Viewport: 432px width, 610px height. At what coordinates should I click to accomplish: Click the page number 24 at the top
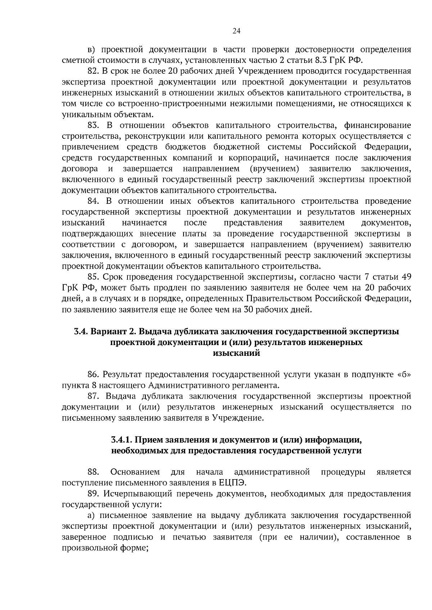(x=237, y=31)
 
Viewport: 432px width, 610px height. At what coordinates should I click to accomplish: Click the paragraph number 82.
(x=93, y=71)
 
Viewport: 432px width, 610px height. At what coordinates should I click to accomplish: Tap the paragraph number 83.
(x=93, y=125)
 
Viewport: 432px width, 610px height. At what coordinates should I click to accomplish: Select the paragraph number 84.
(x=93, y=201)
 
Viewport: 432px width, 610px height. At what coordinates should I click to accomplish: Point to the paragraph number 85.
(x=93, y=277)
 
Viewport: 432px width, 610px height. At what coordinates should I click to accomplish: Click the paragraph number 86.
(x=93, y=375)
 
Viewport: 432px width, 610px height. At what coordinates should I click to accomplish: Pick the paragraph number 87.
(x=93, y=396)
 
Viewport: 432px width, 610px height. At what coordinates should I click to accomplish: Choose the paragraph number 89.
(x=93, y=494)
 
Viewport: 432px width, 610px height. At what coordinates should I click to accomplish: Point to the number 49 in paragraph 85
(x=406, y=277)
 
